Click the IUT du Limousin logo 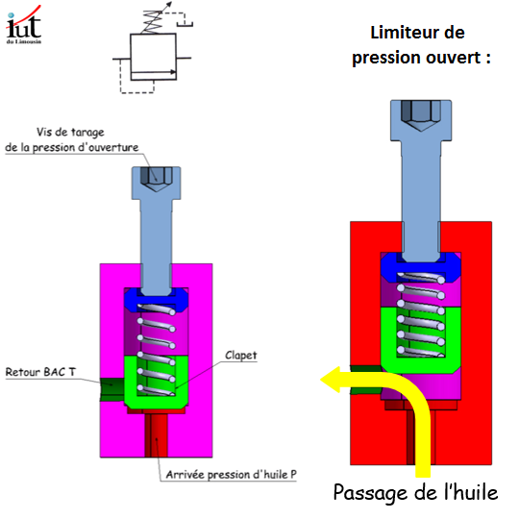[x=23, y=25]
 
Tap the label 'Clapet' [x=240, y=356]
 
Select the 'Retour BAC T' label [x=40, y=372]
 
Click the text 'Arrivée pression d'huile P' [x=231, y=475]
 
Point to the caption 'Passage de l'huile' [x=415, y=493]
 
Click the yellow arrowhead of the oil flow [x=331, y=380]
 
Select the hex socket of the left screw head [x=157, y=179]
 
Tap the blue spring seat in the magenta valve [x=157, y=300]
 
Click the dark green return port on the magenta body [x=111, y=389]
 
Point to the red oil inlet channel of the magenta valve [x=157, y=435]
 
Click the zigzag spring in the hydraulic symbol [x=153, y=22]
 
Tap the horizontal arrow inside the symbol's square [x=153, y=72]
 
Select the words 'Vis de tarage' [x=70, y=132]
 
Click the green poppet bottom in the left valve [x=157, y=402]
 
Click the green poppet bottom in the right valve [x=421, y=365]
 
